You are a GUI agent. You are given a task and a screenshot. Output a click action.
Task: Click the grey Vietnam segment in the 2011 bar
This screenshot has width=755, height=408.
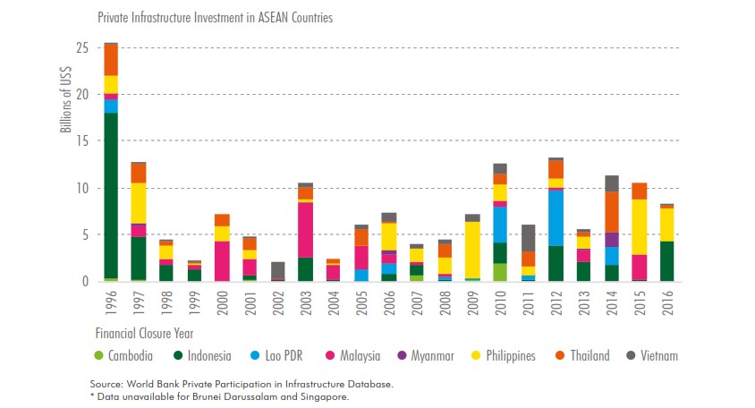529,237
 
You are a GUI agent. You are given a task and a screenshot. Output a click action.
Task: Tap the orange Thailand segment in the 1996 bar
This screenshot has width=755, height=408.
111,60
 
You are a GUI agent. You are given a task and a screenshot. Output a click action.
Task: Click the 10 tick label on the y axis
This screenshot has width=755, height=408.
85,188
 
